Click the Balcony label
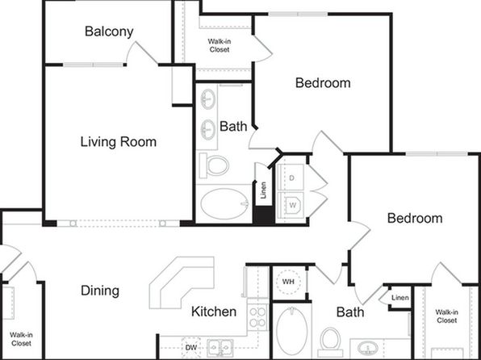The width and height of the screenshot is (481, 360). click(x=109, y=31)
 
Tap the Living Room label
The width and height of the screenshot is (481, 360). click(x=119, y=142)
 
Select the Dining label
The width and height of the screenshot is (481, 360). click(x=100, y=291)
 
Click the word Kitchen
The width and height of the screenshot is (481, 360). click(x=214, y=312)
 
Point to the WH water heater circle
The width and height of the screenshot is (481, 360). click(x=288, y=282)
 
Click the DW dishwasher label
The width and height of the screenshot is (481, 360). click(x=190, y=348)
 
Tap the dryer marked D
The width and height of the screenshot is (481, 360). click(x=291, y=178)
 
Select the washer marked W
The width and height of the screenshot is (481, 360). click(x=291, y=205)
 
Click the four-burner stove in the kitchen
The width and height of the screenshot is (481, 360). click(x=257, y=316)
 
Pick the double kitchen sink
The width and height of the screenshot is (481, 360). click(x=220, y=347)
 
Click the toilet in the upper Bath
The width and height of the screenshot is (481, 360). click(x=214, y=165)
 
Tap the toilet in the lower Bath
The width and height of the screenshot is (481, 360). click(x=330, y=341)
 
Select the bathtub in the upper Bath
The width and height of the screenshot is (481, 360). click(x=224, y=203)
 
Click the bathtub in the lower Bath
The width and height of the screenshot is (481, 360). click(x=291, y=330)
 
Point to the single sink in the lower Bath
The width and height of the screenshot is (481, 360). click(x=368, y=349)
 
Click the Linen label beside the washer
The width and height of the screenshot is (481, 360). click(x=263, y=190)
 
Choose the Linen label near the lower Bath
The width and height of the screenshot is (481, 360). click(x=400, y=298)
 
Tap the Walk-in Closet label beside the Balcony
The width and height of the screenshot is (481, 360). click(x=220, y=45)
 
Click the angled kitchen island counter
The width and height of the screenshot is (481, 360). click(x=182, y=283)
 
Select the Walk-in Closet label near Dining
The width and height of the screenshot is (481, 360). click(x=21, y=339)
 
